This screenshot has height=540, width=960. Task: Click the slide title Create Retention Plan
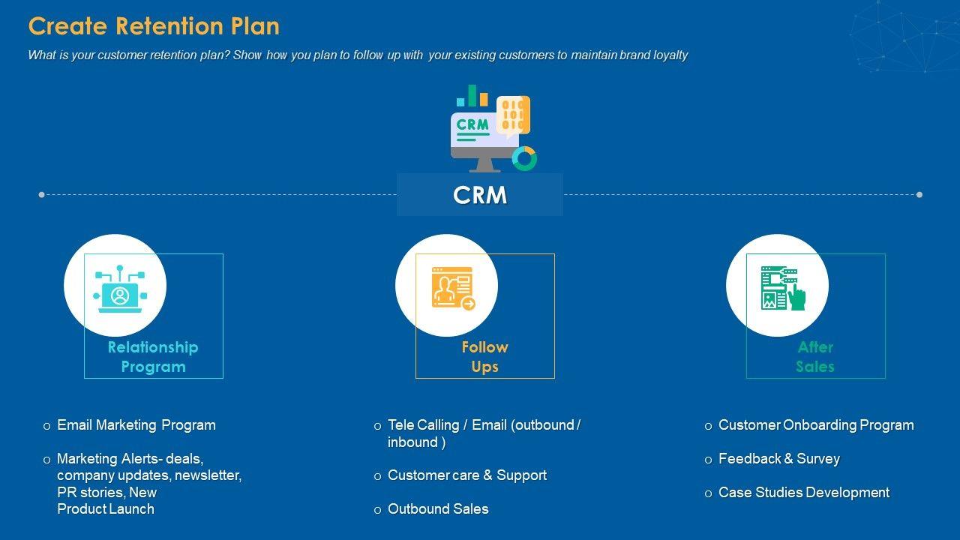[154, 26]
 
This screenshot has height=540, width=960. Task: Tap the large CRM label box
[480, 195]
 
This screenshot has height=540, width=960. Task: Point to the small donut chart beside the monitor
[524, 158]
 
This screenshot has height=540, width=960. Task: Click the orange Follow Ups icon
[452, 288]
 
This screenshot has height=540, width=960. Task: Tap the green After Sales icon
[782, 288]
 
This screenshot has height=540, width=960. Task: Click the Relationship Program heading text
[153, 357]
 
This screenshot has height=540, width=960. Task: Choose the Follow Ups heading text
[484, 357]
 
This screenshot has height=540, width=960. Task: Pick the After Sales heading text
[815, 357]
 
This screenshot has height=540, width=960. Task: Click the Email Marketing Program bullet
[136, 425]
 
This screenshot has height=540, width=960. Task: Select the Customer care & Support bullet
[466, 475]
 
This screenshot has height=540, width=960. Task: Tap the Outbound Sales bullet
[438, 509]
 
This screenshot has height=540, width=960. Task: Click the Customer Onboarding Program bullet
[816, 425]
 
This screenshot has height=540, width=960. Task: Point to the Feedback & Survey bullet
[778, 459]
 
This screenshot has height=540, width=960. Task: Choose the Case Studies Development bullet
[803, 493]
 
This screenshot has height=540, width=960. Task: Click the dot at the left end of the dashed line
[41, 195]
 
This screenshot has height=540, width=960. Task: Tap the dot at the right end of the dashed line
[919, 195]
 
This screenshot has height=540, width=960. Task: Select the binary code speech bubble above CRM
[513, 115]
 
